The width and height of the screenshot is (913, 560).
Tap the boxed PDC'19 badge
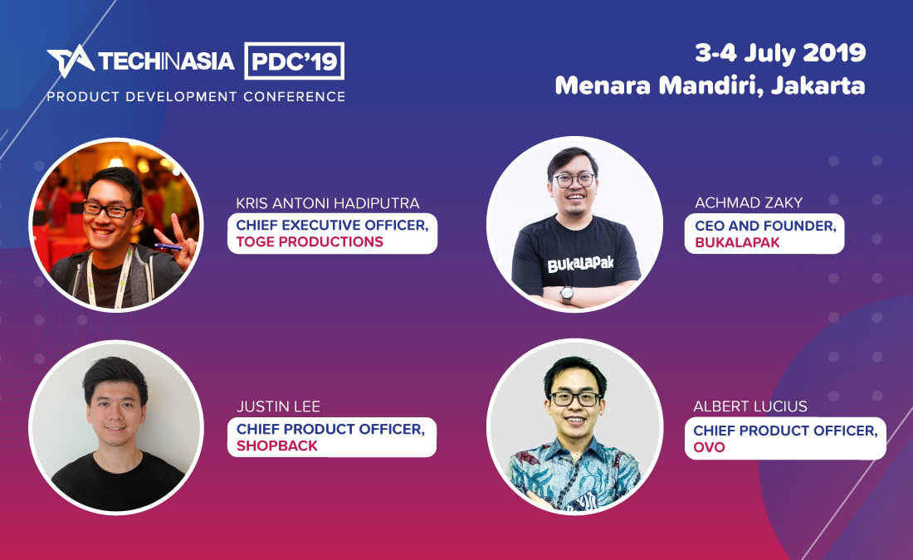[x=295, y=61]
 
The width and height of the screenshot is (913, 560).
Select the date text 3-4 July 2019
[x=780, y=53]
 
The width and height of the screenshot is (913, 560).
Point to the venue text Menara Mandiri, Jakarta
[x=710, y=85]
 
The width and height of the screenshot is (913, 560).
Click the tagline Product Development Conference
[x=196, y=97]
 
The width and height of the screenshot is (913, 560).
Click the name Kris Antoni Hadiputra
[x=328, y=203]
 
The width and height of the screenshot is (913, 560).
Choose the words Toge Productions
[x=310, y=242]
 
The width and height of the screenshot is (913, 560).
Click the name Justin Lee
[x=278, y=407]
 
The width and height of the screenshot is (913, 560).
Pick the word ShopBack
[x=277, y=446]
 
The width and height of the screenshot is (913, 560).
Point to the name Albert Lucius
[x=750, y=407]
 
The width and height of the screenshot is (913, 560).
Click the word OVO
[x=710, y=448]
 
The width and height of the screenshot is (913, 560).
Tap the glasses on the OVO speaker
[x=575, y=398]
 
